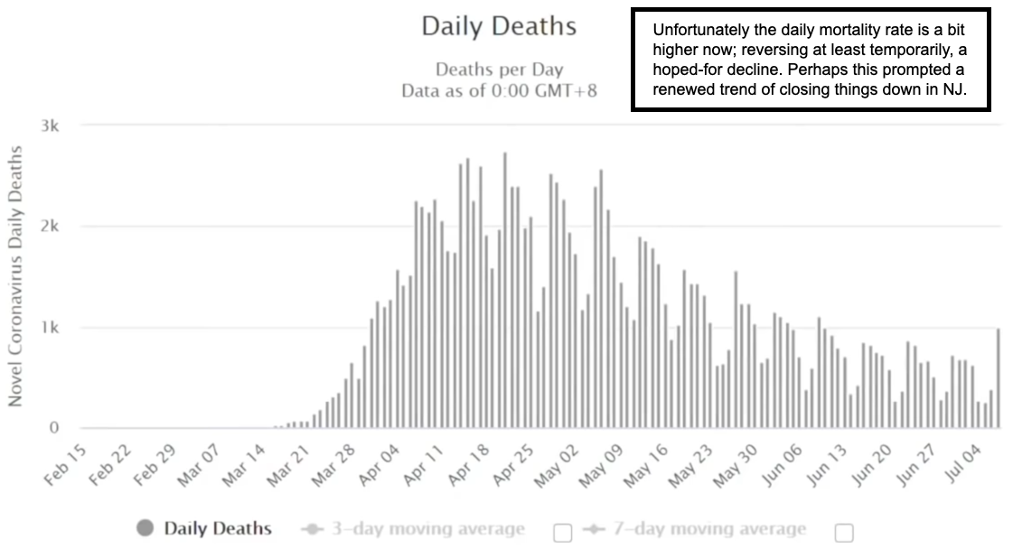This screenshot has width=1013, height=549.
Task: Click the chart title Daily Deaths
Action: (499, 26)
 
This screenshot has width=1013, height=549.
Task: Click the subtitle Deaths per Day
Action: (499, 70)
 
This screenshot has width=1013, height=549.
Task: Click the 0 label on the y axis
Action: (55, 428)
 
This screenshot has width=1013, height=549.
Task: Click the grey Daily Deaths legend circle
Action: (145, 528)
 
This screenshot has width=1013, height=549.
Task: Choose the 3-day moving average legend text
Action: (427, 529)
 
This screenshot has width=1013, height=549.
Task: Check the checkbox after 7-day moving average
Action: (844, 533)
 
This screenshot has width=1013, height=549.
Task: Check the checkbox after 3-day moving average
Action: (562, 533)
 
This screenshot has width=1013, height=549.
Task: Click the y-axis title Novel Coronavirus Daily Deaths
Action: (15, 275)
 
